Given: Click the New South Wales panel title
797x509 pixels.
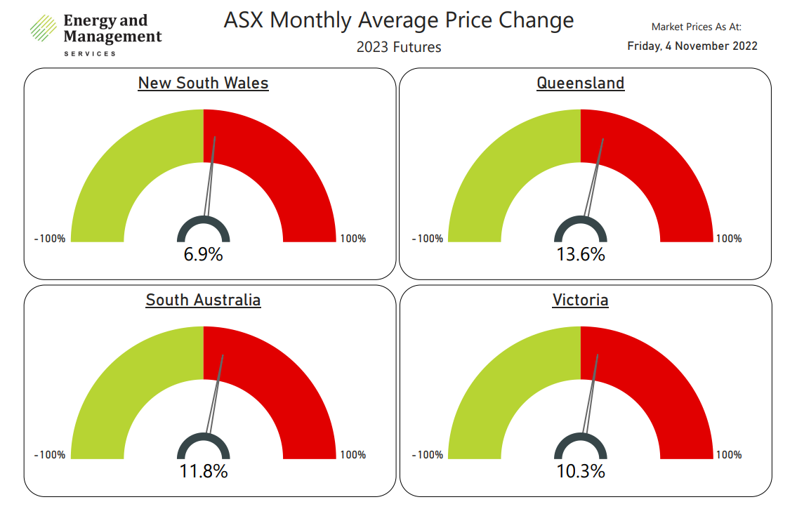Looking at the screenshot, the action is pyautogui.click(x=204, y=83).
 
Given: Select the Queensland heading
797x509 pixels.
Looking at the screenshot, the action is pyautogui.click(x=581, y=83).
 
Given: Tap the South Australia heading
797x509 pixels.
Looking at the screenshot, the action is pyautogui.click(x=204, y=300).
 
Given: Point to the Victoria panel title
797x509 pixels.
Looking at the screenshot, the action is pyautogui.click(x=581, y=300).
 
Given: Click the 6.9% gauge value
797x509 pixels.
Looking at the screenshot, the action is pyautogui.click(x=204, y=254).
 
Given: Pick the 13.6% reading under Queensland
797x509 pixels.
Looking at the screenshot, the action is pyautogui.click(x=581, y=254).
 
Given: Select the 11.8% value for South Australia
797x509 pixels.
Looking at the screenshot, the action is pyautogui.click(x=204, y=471).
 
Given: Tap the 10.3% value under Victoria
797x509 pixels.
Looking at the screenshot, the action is pyautogui.click(x=581, y=471).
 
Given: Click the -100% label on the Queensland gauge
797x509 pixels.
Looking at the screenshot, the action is pyautogui.click(x=428, y=238).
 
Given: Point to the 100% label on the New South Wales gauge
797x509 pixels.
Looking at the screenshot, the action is pyautogui.click(x=353, y=238).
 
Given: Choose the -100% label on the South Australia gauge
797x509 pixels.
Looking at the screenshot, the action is pyautogui.click(x=50, y=455).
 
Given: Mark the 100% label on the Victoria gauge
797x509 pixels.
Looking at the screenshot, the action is pyautogui.click(x=729, y=455).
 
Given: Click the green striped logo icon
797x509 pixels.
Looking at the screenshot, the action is pyautogui.click(x=44, y=28).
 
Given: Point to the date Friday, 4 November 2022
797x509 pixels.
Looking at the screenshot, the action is pyautogui.click(x=692, y=46).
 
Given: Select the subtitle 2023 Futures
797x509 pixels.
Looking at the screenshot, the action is pyautogui.click(x=399, y=47).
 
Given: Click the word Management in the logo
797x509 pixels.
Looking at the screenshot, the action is pyautogui.click(x=113, y=37).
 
